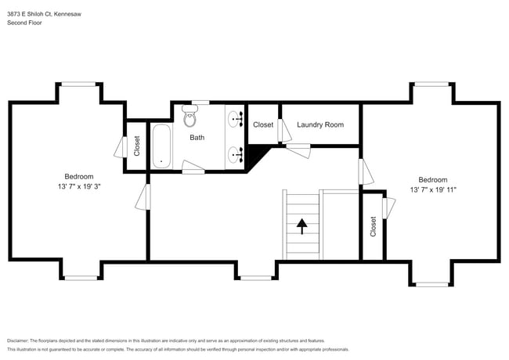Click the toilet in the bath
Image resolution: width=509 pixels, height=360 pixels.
190,118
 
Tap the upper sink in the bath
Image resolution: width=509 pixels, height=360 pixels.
235,119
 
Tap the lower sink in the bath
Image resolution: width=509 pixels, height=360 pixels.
235,153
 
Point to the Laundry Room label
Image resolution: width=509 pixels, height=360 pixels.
320,124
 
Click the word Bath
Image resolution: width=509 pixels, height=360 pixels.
197,137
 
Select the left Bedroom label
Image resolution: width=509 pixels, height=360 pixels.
78,176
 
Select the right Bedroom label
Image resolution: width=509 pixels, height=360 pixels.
432,179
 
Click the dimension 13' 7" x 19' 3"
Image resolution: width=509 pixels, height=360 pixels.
78,187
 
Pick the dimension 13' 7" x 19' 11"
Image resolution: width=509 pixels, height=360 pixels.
433,190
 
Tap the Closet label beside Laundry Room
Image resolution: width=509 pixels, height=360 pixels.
263,124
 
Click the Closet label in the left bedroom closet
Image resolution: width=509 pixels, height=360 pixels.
137,146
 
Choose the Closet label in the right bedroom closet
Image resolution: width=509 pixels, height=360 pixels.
373,227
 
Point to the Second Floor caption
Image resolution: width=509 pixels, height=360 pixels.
25,23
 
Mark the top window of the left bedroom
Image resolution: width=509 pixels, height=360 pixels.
79,84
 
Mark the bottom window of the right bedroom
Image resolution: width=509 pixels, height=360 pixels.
433,284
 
